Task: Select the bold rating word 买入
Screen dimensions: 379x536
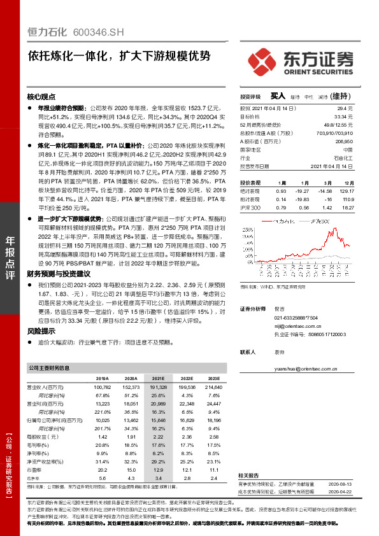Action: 277,95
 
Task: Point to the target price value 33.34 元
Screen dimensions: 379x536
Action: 343,117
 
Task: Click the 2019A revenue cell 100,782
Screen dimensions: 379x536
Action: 102,387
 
